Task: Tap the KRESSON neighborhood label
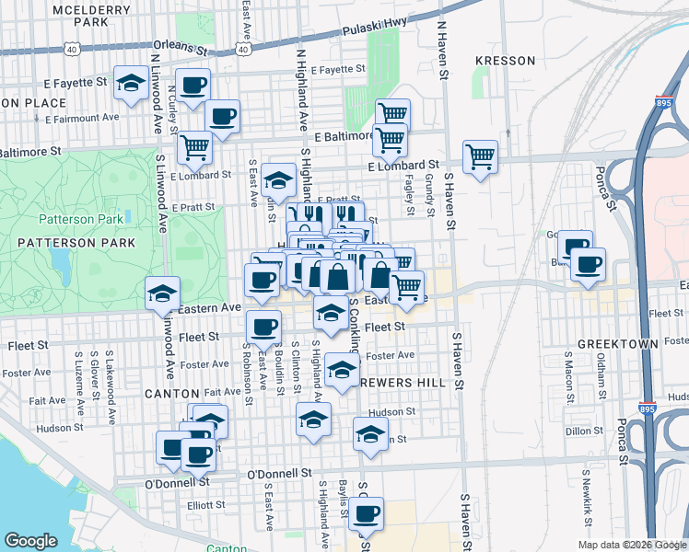pos(505,61)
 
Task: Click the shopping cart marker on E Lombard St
pos(480,156)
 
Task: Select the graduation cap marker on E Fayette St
pos(132,83)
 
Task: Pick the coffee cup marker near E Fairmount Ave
pos(222,116)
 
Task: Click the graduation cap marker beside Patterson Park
pos(163,293)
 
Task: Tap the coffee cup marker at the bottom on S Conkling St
pos(366,513)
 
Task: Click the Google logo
pos(30,541)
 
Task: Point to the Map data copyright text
pos(631,545)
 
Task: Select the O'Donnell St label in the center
pos(281,473)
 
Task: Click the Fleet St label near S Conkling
pos(385,326)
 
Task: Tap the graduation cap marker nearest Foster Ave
pos(342,371)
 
